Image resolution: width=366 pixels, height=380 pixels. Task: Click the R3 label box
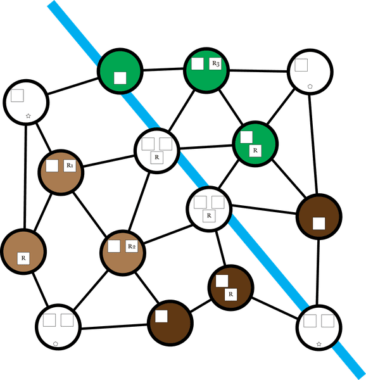pos(215,63)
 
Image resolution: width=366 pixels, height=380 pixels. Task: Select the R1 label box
pos(70,165)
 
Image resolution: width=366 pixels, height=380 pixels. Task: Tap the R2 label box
pos(132,246)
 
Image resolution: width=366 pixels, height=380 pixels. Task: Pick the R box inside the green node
pos(255,151)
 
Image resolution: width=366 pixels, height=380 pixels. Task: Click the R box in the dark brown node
pos(230,294)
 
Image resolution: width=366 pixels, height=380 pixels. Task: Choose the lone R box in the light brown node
pos(23,258)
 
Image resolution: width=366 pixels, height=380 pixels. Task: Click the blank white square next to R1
pos(52,165)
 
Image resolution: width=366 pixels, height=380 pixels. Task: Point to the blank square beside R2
pos(114,246)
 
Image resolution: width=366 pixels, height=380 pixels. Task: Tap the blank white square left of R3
pos(198,63)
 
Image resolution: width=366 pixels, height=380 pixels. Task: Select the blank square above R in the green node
pos(246,137)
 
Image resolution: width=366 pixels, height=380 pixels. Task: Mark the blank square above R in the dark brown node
pos(222,281)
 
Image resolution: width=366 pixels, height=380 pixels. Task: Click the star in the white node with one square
pos(28,116)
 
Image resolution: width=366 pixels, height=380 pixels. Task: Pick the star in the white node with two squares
pos(319,344)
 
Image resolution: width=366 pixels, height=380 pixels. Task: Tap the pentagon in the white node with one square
pos(310,86)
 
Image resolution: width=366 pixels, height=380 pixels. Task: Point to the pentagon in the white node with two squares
pos(56,344)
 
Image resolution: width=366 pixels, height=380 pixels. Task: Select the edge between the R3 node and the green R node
pos(231,107)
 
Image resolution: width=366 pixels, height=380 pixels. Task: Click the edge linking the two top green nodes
pos(163,70)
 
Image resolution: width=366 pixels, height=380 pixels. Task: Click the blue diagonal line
pos(206,190)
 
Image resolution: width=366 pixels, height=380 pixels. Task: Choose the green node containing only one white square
pos(120,71)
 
